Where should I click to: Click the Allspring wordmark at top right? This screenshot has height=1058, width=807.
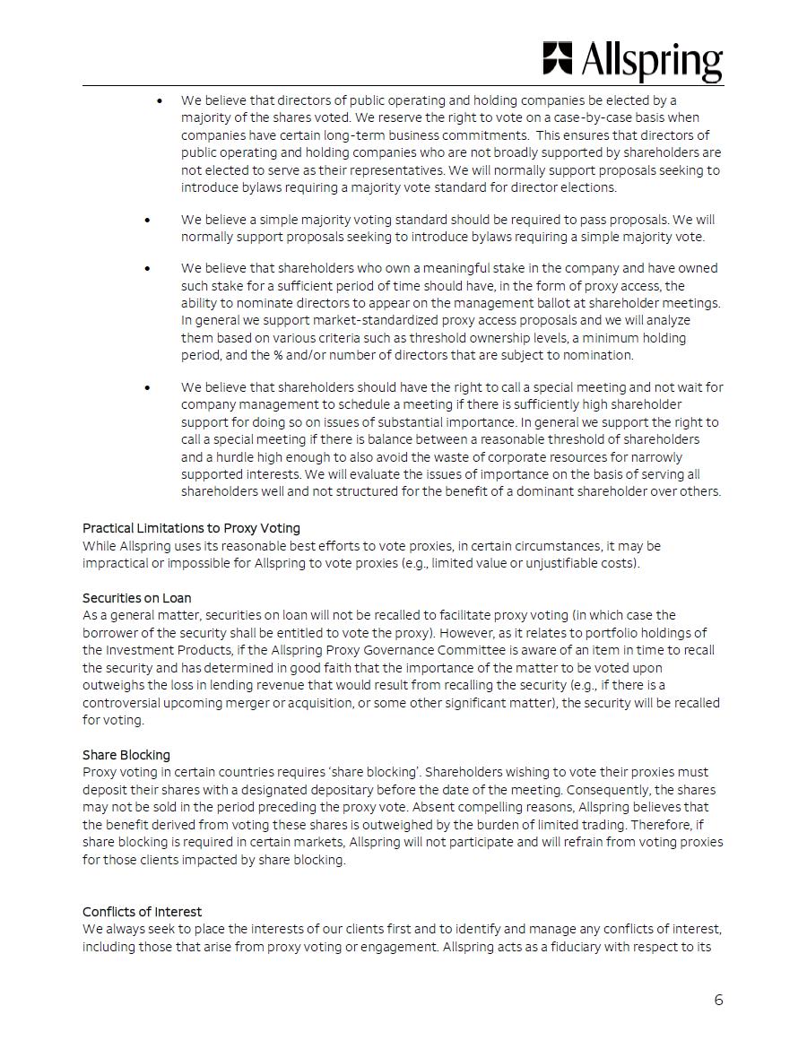click(x=652, y=60)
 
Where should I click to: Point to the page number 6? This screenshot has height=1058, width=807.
click(x=718, y=1000)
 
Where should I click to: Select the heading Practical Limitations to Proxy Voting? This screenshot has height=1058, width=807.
click(x=191, y=528)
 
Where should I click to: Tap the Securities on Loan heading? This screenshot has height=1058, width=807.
click(x=136, y=598)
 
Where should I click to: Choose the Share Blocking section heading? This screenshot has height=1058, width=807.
click(x=126, y=755)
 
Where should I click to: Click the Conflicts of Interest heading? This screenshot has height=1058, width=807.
click(x=142, y=912)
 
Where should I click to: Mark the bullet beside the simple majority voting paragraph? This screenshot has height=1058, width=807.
click(x=147, y=220)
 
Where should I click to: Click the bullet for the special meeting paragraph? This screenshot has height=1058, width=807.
click(x=147, y=387)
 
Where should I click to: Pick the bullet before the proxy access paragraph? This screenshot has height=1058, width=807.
click(x=147, y=268)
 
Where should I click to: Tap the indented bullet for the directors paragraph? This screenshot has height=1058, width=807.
click(x=160, y=100)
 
